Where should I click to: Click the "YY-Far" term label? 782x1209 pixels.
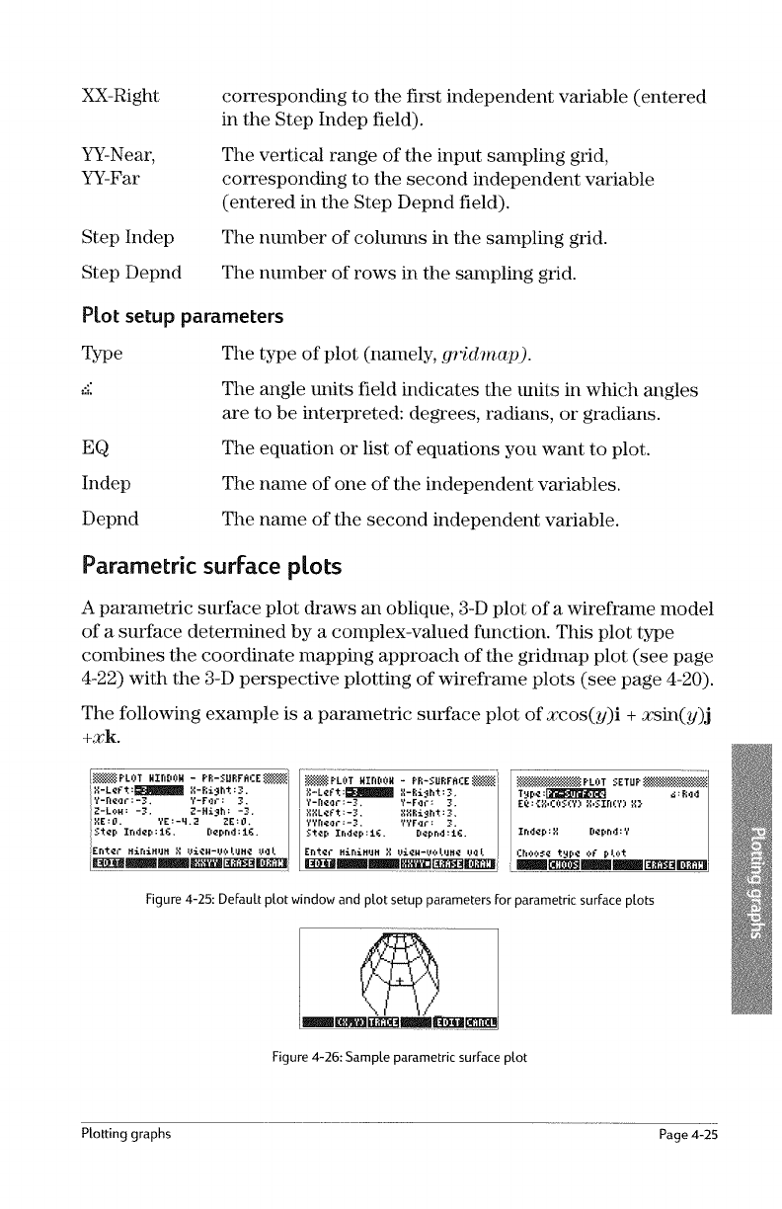point(111,184)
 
